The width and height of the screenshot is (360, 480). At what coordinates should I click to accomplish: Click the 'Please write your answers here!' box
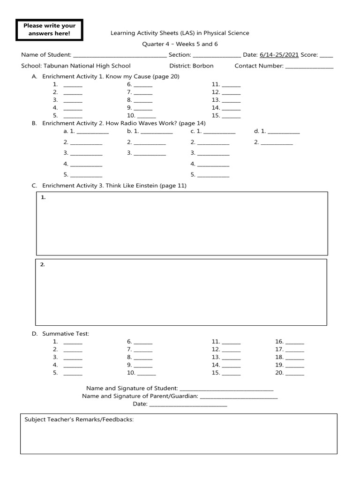point(49,30)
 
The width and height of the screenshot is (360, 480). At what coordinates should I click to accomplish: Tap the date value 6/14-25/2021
point(279,55)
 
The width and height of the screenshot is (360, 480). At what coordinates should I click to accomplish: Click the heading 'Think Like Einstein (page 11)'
point(146,186)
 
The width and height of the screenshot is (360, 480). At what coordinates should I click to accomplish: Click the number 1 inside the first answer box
point(43,198)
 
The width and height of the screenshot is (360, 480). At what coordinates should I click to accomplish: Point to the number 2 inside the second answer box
point(42,265)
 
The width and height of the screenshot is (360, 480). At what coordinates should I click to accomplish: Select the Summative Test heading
point(65,334)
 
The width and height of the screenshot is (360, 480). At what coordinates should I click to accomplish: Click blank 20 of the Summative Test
point(295,374)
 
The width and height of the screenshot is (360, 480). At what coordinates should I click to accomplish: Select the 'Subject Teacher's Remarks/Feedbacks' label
point(79,420)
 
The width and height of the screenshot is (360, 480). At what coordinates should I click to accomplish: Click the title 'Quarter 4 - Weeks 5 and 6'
point(180,44)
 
